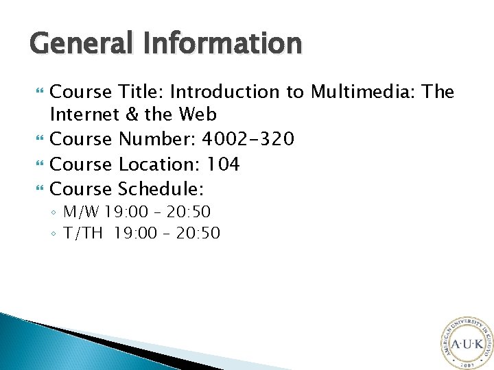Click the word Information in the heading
[223, 44]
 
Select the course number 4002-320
[247, 140]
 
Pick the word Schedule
[161, 188]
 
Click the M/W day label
[82, 212]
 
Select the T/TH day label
[83, 234]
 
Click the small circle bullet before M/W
[54, 212]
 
